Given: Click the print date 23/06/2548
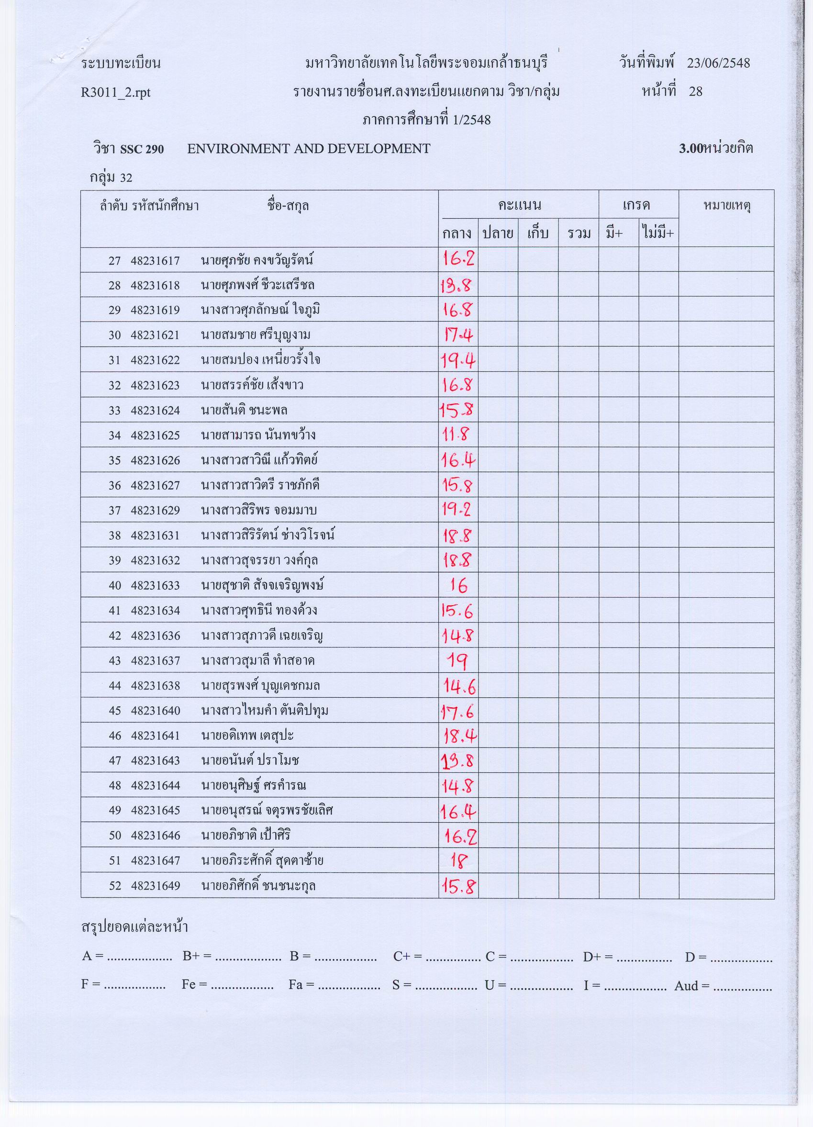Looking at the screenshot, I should [718, 63].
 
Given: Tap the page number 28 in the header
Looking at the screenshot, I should [695, 91].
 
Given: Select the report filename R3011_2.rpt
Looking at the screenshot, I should [115, 92].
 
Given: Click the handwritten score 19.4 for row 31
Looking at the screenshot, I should [457, 360].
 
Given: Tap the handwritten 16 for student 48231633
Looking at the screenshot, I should [458, 586].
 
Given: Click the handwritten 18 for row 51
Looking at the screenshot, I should [457, 860].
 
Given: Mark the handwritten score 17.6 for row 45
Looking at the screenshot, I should [457, 711].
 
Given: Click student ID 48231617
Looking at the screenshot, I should [155, 261].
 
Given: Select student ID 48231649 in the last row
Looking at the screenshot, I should [155, 886].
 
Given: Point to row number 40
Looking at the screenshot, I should [115, 586].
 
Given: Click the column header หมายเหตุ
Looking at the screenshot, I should [726, 206].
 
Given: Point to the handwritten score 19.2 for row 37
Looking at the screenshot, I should [457, 510].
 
